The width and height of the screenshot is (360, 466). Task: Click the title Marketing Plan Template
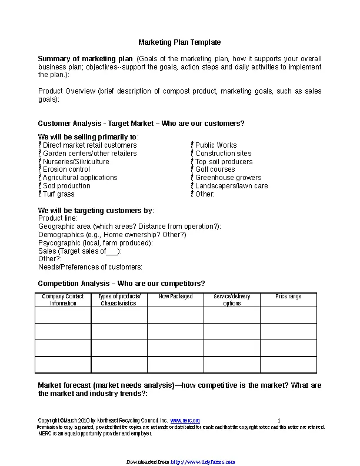[179, 42]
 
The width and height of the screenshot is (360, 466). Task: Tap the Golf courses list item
[215, 169]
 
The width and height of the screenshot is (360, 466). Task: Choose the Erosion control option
[66, 169]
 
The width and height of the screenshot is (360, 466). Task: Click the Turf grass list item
[58, 194]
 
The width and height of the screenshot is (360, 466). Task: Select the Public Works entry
[216, 145]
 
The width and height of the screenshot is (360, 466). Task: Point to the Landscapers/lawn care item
[231, 186]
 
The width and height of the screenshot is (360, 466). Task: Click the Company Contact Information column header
[63, 300]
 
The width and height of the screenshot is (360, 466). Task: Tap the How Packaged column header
[175, 297]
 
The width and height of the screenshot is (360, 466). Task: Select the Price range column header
[288, 297]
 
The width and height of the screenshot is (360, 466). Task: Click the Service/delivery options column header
[232, 300]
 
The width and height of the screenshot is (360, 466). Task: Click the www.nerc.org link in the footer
[185, 421]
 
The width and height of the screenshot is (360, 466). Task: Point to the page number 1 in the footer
[279, 421]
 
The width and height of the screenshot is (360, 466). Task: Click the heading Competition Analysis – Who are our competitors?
[121, 284]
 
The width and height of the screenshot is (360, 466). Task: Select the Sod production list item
[66, 186]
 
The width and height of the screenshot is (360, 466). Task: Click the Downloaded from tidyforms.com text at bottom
[180, 462]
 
